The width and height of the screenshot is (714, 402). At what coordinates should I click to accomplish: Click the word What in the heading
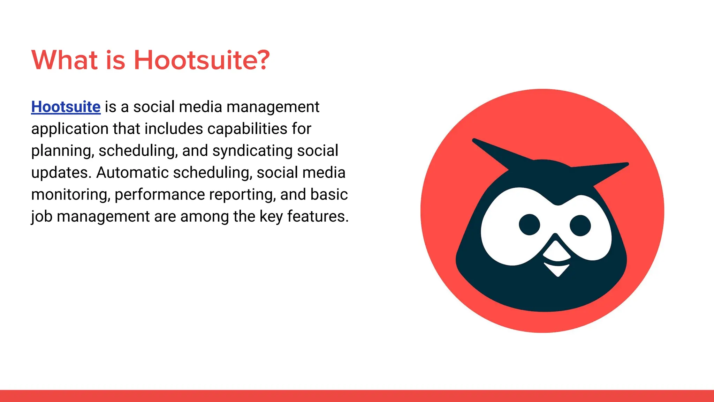(x=64, y=60)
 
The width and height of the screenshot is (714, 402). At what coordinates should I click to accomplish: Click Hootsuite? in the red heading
(x=202, y=60)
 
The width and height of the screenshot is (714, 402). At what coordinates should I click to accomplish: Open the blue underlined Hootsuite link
(x=66, y=107)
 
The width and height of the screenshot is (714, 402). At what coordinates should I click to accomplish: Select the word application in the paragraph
(x=70, y=129)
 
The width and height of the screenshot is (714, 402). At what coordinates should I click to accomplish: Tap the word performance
(x=160, y=195)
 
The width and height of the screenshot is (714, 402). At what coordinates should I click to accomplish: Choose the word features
(x=318, y=217)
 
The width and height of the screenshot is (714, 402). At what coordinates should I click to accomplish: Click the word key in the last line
(x=271, y=217)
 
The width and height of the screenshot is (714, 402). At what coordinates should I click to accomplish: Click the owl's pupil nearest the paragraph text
(x=529, y=224)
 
